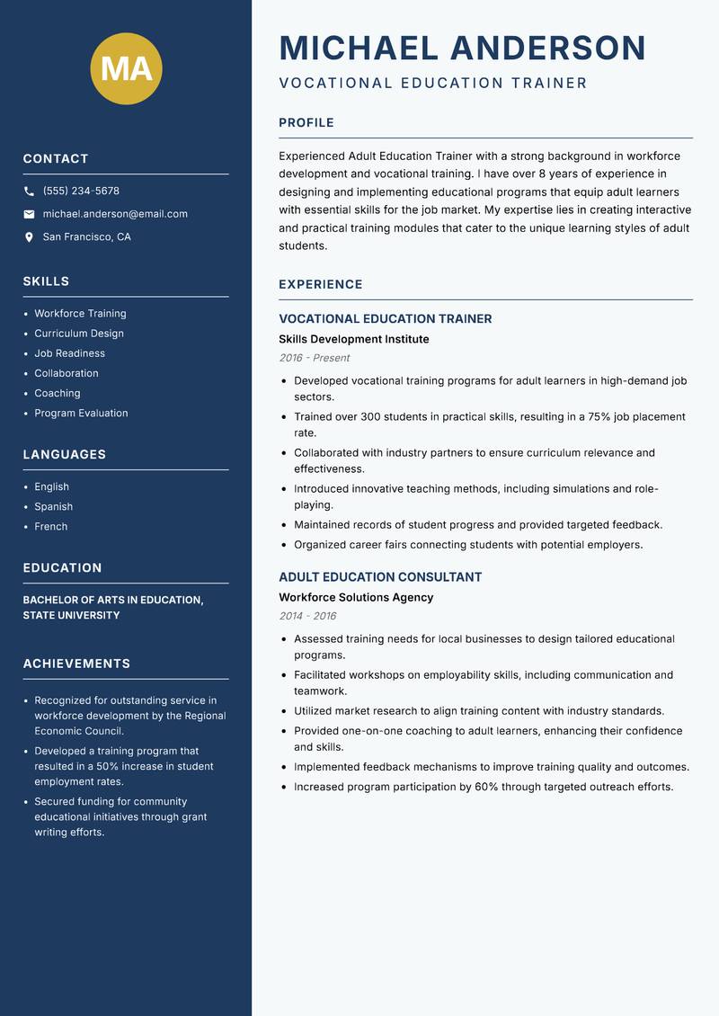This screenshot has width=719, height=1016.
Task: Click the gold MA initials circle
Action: pyautogui.click(x=127, y=68)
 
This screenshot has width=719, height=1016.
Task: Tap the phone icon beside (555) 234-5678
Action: pyautogui.click(x=29, y=192)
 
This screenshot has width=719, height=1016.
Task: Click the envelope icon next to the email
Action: pyautogui.click(x=29, y=214)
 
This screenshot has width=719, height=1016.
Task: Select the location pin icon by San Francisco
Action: pyautogui.click(x=29, y=237)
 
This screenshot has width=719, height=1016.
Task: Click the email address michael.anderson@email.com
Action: pyautogui.click(x=115, y=214)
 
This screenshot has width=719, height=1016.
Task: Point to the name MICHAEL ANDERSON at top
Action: pyautogui.click(x=462, y=48)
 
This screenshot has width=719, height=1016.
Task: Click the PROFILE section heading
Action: pyautogui.click(x=306, y=122)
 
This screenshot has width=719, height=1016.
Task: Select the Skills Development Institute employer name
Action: pyautogui.click(x=353, y=339)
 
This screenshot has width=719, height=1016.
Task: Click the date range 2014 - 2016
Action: pyautogui.click(x=307, y=616)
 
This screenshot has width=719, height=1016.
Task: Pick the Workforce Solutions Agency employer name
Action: pyautogui.click(x=356, y=597)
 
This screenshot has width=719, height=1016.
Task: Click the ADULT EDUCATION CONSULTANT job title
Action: pyautogui.click(x=380, y=576)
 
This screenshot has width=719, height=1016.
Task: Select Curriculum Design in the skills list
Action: pyautogui.click(x=79, y=334)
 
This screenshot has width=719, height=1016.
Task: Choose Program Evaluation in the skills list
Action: pyautogui.click(x=81, y=413)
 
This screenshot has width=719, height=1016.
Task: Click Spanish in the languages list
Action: pyautogui.click(x=53, y=506)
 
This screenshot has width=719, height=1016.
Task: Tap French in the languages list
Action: pyautogui.click(x=50, y=526)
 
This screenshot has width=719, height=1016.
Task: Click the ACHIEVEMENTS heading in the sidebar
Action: pyautogui.click(x=76, y=664)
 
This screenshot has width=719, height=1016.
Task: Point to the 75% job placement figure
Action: pyautogui.click(x=600, y=417)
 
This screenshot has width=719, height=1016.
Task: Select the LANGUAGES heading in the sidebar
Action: pyautogui.click(x=64, y=454)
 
